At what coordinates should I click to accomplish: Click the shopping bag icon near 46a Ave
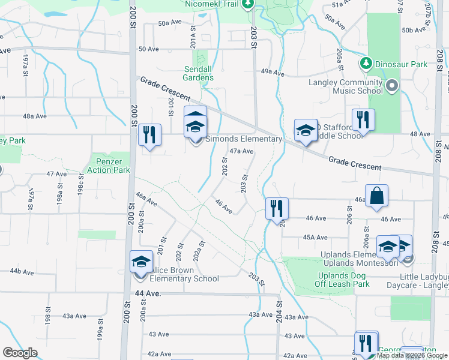point(376,196)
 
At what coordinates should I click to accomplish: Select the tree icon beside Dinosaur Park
point(366,63)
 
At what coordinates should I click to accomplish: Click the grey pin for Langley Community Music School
point(393,86)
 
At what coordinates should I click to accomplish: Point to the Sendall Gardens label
point(198,73)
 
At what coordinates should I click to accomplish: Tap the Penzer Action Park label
point(113,166)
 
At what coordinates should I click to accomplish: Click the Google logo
point(20,353)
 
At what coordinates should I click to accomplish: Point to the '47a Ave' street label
point(242,151)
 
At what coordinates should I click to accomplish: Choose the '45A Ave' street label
point(315,238)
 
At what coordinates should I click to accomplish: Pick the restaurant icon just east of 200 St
point(149,134)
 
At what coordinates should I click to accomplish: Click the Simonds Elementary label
point(244,139)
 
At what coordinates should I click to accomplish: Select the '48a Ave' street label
point(35,116)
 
